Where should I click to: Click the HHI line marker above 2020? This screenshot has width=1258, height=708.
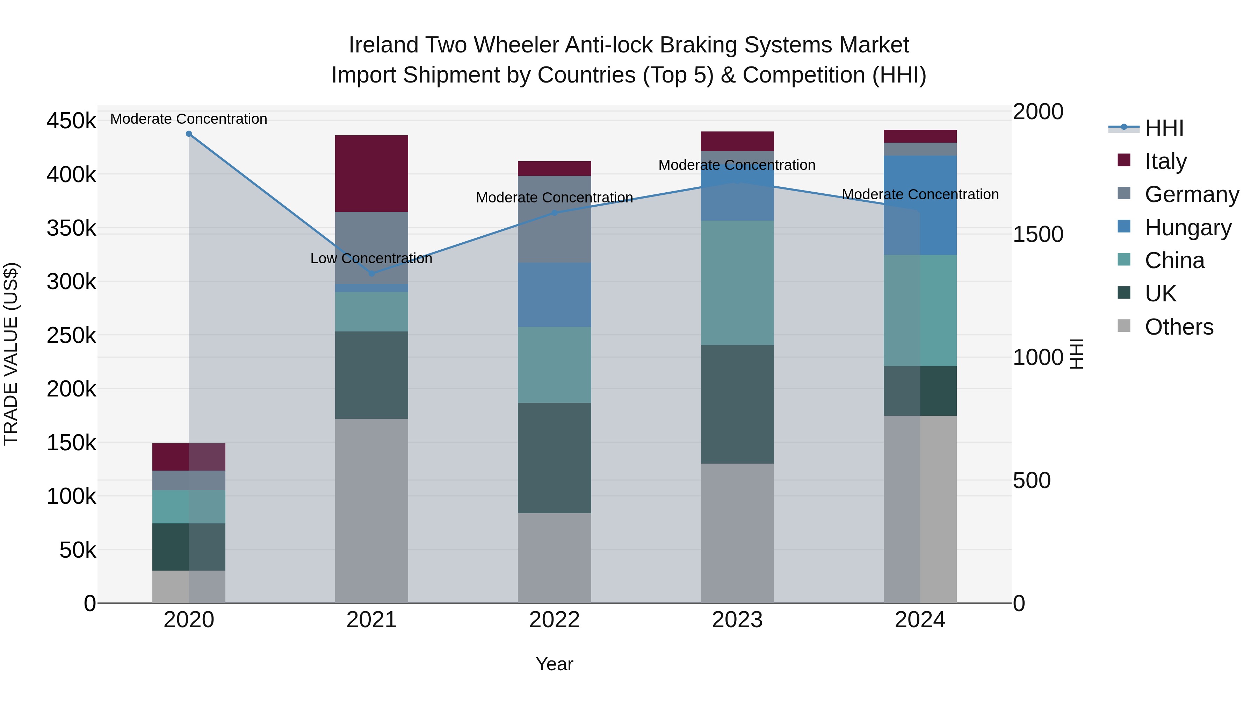pos(189,134)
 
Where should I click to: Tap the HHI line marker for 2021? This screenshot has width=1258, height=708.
pos(372,274)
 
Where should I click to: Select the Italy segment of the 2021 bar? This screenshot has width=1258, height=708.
pos(372,173)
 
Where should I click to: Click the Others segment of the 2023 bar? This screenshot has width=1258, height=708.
pos(737,532)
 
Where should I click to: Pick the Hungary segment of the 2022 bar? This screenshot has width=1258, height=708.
pos(554,295)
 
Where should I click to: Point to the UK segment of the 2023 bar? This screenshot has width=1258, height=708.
pos(737,404)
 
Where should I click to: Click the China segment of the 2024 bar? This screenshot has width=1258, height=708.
pos(920,310)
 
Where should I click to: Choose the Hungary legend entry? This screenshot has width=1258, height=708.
pos(1188,228)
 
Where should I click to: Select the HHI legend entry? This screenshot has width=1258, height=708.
pos(1164,128)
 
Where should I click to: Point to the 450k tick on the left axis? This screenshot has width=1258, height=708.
pos(71,121)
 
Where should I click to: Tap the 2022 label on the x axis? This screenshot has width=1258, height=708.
pos(554,620)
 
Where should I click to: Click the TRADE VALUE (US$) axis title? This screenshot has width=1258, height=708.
pos(11,354)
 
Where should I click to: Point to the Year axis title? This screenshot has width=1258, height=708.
pos(554,664)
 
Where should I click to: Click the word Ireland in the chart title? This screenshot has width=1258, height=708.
pos(383,45)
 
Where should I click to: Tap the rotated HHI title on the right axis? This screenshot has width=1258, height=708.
pos(1076,354)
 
